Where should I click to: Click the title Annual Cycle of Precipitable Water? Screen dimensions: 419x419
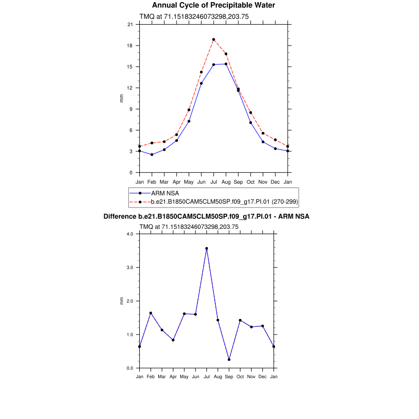(x=213, y=5)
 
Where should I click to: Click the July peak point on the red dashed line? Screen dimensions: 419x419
(x=214, y=39)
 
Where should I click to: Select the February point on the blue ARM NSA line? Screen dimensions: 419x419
(x=152, y=155)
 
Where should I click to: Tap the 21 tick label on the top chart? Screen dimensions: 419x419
(x=129, y=25)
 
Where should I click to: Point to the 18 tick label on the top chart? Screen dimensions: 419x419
(x=129, y=46)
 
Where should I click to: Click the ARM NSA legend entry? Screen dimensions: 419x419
(x=165, y=193)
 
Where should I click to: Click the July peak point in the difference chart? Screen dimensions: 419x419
(x=206, y=248)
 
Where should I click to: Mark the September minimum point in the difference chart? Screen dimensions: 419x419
(x=229, y=359)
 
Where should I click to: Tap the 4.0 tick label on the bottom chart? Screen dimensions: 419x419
(x=130, y=234)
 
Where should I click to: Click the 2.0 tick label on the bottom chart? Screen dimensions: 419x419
(x=130, y=301)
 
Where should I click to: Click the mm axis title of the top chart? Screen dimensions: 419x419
(x=122, y=98)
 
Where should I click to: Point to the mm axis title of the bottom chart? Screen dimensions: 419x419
(x=122, y=301)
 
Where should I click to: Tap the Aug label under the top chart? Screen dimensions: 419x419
(x=226, y=182)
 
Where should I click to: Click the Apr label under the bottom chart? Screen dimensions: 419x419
(x=173, y=377)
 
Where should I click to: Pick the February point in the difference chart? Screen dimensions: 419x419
(x=151, y=313)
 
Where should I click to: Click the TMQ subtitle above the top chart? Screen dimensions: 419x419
(x=194, y=17)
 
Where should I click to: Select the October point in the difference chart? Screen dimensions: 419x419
(x=240, y=320)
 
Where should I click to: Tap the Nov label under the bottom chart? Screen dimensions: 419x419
(x=251, y=377)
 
